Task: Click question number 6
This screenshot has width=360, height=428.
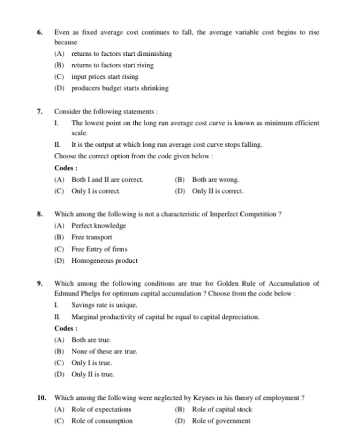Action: click(40, 32)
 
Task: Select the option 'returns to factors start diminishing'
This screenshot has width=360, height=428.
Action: click(121, 54)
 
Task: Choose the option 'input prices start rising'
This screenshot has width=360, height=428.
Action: click(105, 77)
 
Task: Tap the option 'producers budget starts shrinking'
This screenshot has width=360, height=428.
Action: click(120, 88)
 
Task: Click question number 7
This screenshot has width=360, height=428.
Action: click(40, 112)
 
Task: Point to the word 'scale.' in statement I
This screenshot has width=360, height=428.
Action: click(80, 133)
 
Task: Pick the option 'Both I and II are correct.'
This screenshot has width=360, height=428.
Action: click(107, 180)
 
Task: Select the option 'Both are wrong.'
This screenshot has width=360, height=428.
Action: click(215, 180)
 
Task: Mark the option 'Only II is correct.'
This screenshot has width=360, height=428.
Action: click(218, 191)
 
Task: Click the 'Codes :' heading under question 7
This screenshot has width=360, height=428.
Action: click(66, 168)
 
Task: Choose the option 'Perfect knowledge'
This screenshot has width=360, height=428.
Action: click(99, 226)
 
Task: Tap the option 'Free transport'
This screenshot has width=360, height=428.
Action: click(92, 238)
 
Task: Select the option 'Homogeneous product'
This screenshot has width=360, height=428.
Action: click(104, 261)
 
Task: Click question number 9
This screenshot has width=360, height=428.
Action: click(40, 284)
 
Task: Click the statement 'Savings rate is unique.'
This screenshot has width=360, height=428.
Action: click(104, 305)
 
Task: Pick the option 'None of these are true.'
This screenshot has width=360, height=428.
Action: click(104, 352)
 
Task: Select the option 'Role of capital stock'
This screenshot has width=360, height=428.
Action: click(222, 409)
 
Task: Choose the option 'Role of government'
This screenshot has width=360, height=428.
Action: click(221, 421)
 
